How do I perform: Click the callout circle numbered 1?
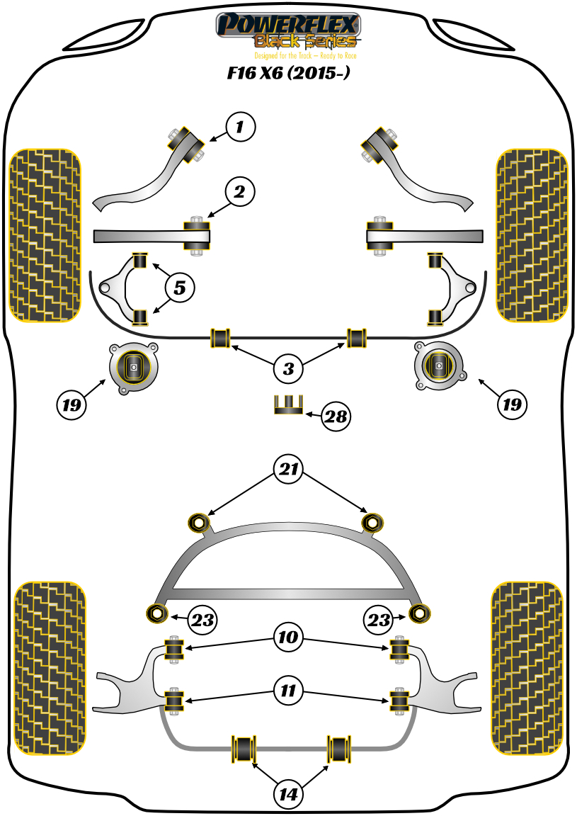pyautogui.click(x=239, y=127)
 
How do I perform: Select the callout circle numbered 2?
pyautogui.click(x=239, y=191)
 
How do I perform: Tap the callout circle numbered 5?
pyautogui.click(x=180, y=288)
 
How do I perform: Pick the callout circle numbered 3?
pyautogui.click(x=288, y=368)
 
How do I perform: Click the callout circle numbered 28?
pyautogui.click(x=336, y=416)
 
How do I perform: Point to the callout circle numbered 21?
pyautogui.click(x=288, y=469)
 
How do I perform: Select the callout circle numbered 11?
pyautogui.click(x=288, y=689)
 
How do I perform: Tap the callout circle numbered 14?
pyautogui.click(x=288, y=795)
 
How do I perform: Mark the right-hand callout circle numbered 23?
pyautogui.click(x=379, y=620)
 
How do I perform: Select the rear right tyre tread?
pyautogui.click(x=527, y=669)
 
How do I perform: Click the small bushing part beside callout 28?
pyautogui.click(x=288, y=404)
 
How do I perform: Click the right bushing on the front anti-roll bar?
pyautogui.click(x=358, y=337)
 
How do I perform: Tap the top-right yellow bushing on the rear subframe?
pyautogui.click(x=372, y=523)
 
